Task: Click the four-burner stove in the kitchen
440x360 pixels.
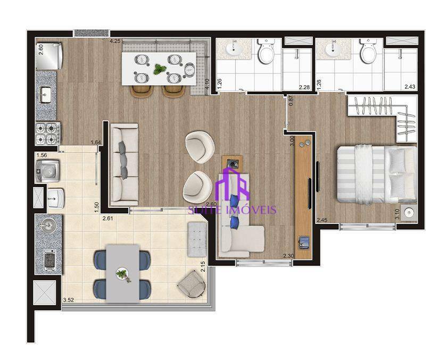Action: click(x=47, y=133)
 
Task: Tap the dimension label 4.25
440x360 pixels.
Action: click(x=114, y=41)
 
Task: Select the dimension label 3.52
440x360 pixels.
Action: click(x=68, y=300)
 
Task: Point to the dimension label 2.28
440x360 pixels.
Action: click(x=304, y=87)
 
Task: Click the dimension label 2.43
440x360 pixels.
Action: click(x=410, y=87)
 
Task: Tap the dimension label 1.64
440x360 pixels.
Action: click(x=96, y=142)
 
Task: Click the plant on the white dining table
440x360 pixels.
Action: click(x=160, y=69)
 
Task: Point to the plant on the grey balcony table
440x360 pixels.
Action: click(x=123, y=275)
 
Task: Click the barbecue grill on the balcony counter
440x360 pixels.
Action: click(x=48, y=260)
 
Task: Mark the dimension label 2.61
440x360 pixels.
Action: click(x=109, y=218)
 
